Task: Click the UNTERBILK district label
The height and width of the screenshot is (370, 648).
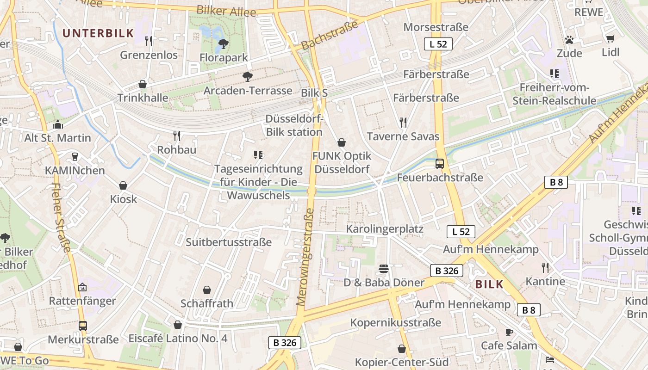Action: [x=98, y=33]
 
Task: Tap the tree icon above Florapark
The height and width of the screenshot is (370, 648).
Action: [x=224, y=44]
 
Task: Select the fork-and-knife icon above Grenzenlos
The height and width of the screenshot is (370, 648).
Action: [x=149, y=41]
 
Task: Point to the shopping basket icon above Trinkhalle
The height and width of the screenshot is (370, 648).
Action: [x=143, y=84]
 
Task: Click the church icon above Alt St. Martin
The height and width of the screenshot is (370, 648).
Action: [x=58, y=124]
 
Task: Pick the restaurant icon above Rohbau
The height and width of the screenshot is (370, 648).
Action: [x=177, y=136]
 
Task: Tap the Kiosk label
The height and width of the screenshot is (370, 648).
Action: [x=124, y=199]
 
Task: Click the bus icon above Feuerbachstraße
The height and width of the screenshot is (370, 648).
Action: [x=440, y=164]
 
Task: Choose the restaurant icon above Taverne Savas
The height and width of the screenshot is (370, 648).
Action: [x=403, y=123]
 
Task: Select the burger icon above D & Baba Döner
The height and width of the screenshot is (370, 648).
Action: [x=384, y=269]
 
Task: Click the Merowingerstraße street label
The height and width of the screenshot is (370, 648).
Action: [x=305, y=257]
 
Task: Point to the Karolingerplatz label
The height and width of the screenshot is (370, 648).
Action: [x=385, y=229]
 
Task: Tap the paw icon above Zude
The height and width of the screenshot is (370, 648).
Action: [x=569, y=40]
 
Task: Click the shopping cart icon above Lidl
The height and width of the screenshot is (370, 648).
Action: [x=611, y=38]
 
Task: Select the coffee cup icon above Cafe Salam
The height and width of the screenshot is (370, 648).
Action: [x=509, y=332]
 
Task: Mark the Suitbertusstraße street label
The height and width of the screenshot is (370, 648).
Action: [x=229, y=242]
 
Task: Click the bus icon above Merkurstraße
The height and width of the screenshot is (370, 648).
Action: [x=83, y=326]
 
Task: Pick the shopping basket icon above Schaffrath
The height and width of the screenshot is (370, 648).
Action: [x=207, y=290]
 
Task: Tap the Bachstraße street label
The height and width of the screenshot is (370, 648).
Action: [x=330, y=36]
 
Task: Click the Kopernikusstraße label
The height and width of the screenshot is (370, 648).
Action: [x=396, y=322]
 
